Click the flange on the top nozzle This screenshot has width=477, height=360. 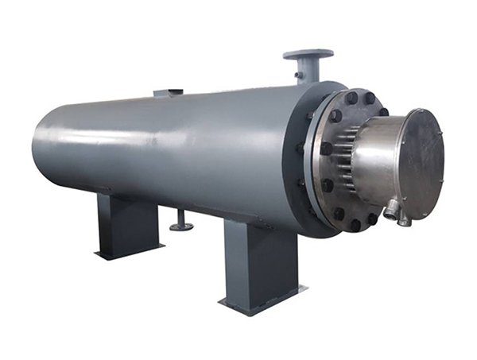pos(308,54)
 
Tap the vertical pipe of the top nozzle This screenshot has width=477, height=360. pos(308,71)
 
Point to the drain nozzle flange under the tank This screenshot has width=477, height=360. pos(181,227)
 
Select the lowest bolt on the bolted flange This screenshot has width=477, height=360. pos(355,225)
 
